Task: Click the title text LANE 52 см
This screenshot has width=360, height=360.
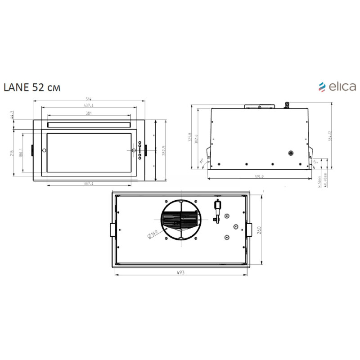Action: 31,87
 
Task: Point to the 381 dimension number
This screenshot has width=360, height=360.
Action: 88,113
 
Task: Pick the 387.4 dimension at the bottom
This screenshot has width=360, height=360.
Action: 88,184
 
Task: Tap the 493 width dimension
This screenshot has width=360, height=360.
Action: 180,273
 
